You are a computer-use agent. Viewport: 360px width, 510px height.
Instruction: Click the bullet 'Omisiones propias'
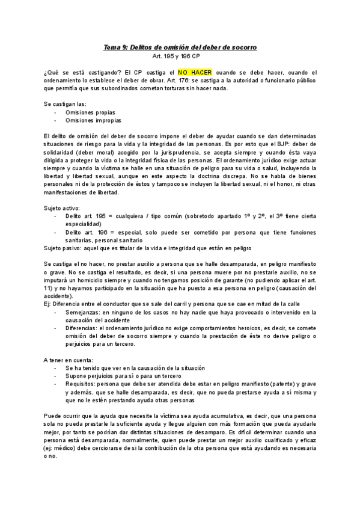click(x=90, y=112)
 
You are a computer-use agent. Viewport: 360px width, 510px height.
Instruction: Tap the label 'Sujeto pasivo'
click(x=62, y=248)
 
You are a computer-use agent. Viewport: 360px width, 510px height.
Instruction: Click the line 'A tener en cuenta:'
click(x=68, y=360)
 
